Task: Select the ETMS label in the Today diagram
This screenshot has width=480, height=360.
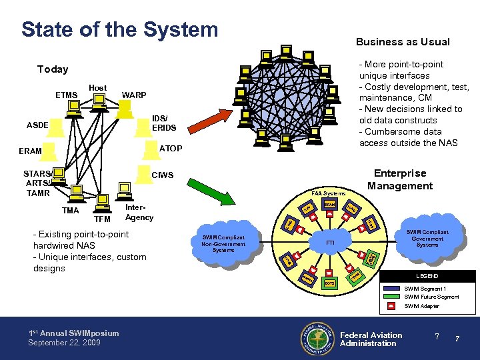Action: [x=67, y=95]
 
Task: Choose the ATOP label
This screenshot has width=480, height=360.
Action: [x=171, y=148]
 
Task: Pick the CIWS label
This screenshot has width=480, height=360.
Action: [x=163, y=176]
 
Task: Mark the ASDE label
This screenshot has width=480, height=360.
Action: [x=37, y=125]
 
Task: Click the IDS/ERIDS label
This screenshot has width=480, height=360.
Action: [x=164, y=123]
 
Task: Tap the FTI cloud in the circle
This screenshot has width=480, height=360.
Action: [x=329, y=243]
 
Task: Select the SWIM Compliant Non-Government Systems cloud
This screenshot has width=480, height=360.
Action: [x=224, y=244]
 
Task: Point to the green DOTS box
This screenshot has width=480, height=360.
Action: [x=329, y=283]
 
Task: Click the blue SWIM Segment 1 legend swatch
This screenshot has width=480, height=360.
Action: [x=393, y=287]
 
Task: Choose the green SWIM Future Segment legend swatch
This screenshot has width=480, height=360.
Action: [x=393, y=296]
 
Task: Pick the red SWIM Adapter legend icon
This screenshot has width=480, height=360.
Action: [x=393, y=306]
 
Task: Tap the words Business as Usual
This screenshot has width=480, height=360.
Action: [x=403, y=42]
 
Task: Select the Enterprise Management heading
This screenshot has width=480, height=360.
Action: [x=400, y=179]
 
